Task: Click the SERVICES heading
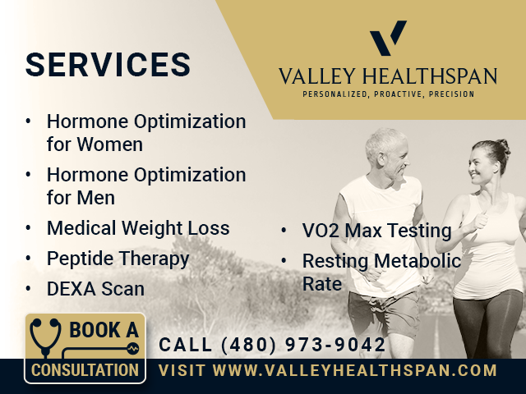[x=108, y=64]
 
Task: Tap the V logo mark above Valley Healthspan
[x=388, y=38]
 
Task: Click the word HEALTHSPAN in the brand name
[x=429, y=76]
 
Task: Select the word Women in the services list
[x=109, y=144]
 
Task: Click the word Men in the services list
[x=96, y=198]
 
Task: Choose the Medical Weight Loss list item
[x=138, y=228]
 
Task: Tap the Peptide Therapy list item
[x=118, y=259]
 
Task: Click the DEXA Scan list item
[x=95, y=289]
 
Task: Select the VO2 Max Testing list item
[x=376, y=231]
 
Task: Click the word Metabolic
[x=418, y=261]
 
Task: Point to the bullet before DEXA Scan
[x=28, y=288]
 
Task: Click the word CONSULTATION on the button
[x=85, y=370]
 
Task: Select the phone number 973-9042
[x=335, y=345]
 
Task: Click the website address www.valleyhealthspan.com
[x=354, y=370]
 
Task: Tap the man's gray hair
[x=385, y=140]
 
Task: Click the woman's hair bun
[x=503, y=146]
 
